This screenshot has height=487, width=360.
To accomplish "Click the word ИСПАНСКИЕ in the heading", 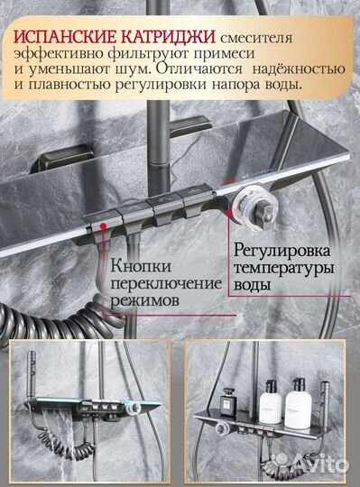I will tap(64, 39).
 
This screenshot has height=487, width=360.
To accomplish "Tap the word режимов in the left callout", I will tap(144, 305).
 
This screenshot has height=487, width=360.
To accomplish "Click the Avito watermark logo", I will tap(318, 466).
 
